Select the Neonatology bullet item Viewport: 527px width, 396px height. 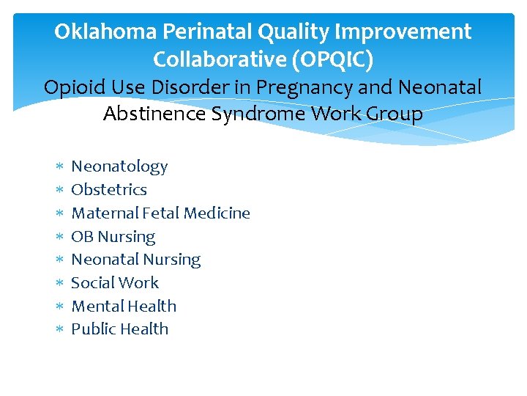coord(119,166)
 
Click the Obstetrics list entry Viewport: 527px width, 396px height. coord(109,190)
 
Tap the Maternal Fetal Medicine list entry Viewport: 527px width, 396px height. coord(160,213)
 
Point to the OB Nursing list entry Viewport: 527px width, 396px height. coord(113,237)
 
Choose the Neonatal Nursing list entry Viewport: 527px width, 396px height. coord(135,260)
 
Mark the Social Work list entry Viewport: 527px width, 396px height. coord(115,283)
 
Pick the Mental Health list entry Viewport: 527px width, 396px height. coord(124,307)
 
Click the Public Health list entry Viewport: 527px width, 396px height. coord(119,329)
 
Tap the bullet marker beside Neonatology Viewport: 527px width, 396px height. coord(60,167)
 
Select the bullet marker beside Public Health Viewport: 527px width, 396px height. coord(60,330)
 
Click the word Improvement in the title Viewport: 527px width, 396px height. coord(402,32)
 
